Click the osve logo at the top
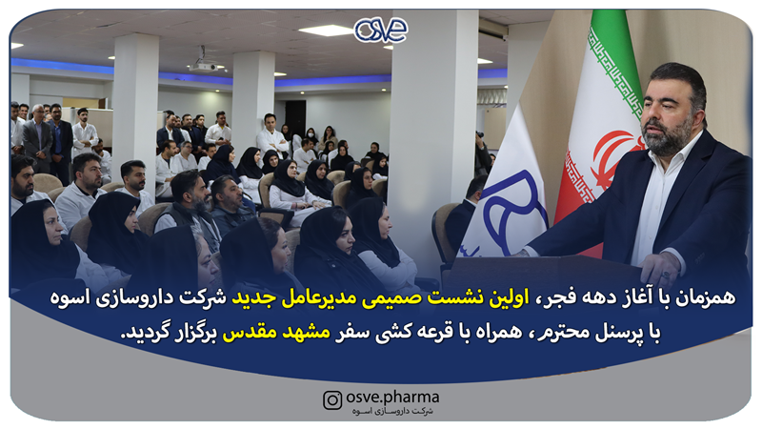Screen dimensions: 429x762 pyautogui.click(x=381, y=30)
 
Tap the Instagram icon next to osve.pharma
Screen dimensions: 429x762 pyautogui.click(x=331, y=400)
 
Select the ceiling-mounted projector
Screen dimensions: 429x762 pyautogui.click(x=206, y=66)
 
